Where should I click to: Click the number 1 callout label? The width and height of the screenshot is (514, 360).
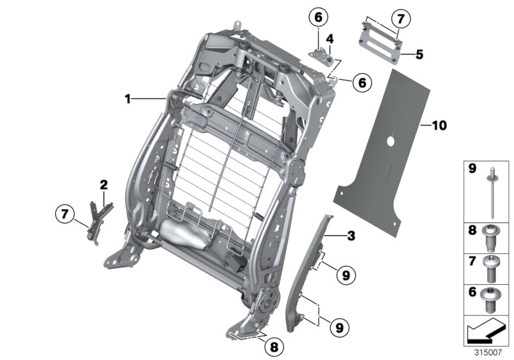click(128, 98)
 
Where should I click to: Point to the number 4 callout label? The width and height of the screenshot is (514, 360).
click(328, 39)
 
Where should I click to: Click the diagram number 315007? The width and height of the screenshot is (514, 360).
click(488, 352)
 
